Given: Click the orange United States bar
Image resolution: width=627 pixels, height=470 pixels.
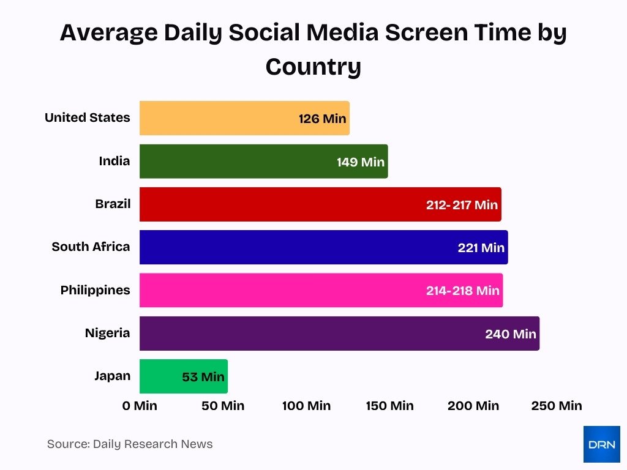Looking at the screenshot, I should pyautogui.click(x=244, y=118).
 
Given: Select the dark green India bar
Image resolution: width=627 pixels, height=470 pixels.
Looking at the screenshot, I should pyautogui.click(x=263, y=162).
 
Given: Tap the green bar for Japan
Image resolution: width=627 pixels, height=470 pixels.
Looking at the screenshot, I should pyautogui.click(x=183, y=376).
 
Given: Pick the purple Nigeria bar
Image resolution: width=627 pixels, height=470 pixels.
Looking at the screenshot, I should pyautogui.click(x=339, y=334).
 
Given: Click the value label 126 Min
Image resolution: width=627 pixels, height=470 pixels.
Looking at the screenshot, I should pyautogui.click(x=322, y=119).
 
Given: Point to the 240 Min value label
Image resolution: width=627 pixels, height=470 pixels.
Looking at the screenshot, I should pyautogui.click(x=510, y=334).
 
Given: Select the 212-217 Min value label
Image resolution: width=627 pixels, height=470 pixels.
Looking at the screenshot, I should pyautogui.click(x=462, y=205).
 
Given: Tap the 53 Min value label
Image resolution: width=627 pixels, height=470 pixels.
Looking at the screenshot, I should pyautogui.click(x=203, y=377).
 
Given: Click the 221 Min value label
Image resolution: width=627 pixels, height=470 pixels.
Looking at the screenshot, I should pyautogui.click(x=481, y=248).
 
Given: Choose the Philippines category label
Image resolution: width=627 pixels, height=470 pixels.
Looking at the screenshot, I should pyautogui.click(x=95, y=290).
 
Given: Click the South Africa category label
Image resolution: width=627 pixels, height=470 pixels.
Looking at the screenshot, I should pyautogui.click(x=91, y=247).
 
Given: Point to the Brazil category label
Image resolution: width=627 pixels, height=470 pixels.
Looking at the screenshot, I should pyautogui.click(x=113, y=204).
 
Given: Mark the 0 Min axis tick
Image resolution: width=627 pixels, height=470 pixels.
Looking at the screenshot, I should pyautogui.click(x=140, y=406).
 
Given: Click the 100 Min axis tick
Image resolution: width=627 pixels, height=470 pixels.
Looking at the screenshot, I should pyautogui.click(x=306, y=406).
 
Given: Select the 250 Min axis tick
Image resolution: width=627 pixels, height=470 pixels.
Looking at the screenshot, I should pyautogui.click(x=556, y=406).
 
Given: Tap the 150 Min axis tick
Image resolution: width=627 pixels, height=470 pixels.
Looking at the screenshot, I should pyautogui.click(x=389, y=406).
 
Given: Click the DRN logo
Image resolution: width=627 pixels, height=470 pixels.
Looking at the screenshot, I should pyautogui.click(x=601, y=444).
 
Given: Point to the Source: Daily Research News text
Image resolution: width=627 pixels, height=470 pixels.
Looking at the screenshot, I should pyautogui.click(x=130, y=444).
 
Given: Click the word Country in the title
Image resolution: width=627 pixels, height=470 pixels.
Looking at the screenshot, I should pyautogui.click(x=313, y=66).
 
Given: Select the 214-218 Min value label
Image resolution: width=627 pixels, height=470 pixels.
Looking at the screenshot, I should pyautogui.click(x=462, y=291).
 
